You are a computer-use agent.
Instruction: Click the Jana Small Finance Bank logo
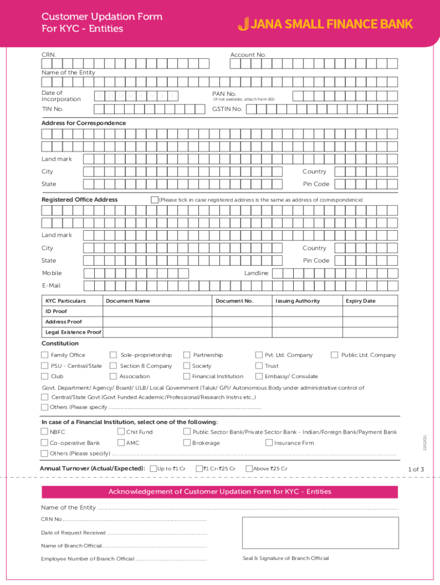(325, 24)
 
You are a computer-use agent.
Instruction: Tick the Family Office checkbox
(45, 355)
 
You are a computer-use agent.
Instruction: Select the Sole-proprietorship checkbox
(113, 355)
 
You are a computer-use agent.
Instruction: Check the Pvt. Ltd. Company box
(259, 355)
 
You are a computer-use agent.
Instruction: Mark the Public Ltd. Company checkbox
(335, 355)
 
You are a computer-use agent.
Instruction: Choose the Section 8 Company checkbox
(113, 366)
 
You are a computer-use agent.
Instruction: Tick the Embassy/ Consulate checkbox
(259, 376)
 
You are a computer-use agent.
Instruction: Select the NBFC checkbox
(45, 432)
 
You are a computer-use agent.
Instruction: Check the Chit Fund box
(121, 432)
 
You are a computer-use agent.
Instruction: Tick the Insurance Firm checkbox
(269, 443)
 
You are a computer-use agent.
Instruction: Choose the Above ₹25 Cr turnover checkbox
(249, 469)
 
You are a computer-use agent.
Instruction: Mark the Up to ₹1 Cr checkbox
(153, 469)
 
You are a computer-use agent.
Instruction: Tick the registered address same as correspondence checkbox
(154, 200)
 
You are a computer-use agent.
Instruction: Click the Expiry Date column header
(360, 301)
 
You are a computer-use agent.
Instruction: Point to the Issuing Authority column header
(298, 301)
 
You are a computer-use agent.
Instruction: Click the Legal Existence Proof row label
(73, 332)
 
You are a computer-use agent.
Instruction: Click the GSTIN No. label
(227, 109)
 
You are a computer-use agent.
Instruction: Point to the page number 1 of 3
(416, 470)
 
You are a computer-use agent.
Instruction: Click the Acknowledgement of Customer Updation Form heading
(220, 492)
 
